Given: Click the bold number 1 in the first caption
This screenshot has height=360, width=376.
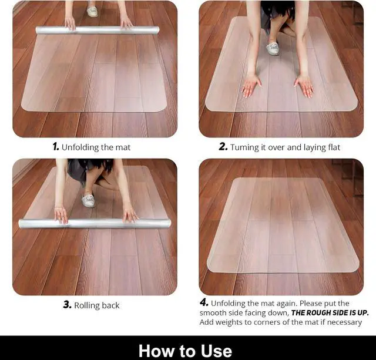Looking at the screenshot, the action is tap(56, 147).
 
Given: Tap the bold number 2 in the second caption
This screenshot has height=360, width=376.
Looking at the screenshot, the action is tap(223, 147).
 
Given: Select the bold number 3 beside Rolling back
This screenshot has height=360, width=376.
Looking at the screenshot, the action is tap(68, 305).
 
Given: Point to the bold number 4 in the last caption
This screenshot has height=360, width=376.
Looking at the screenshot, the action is tap(204, 302).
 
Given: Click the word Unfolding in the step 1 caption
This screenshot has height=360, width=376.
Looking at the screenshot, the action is tap(80, 147).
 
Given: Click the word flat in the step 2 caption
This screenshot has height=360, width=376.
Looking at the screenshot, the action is tap(334, 147).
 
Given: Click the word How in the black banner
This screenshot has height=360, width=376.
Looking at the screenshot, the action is tap(156, 351).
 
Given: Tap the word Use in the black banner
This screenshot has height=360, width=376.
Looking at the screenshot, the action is tap(216, 351).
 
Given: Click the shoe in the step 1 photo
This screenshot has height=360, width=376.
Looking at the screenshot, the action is tap(92, 12).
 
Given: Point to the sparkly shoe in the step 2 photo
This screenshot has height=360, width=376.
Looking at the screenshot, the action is tap(273, 48).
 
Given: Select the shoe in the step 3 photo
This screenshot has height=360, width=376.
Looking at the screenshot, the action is tap(88, 200).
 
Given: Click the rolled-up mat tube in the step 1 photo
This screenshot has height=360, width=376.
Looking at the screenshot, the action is tap(98, 30).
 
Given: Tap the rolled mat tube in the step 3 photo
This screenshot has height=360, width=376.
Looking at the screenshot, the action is tap(95, 223).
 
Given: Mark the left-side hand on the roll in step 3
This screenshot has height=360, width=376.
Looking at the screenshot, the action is tap(61, 215).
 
